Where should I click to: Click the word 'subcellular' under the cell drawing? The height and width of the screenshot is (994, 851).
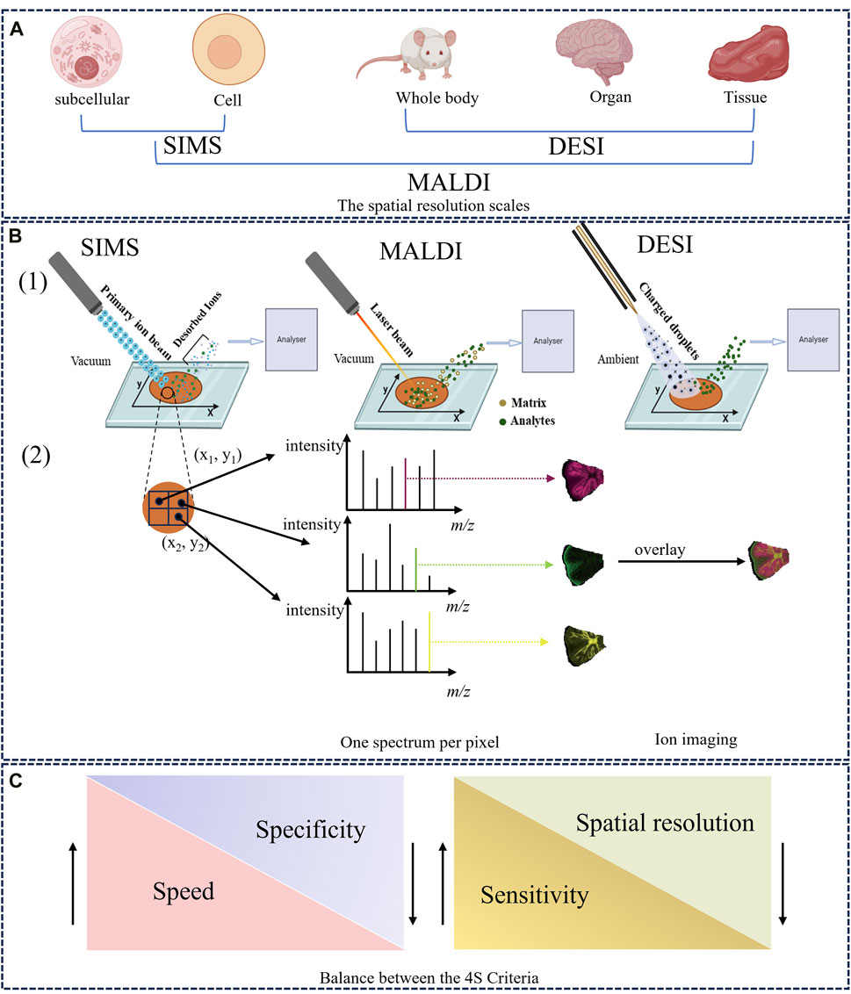tap(90, 98)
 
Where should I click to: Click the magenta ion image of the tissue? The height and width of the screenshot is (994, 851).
tap(584, 479)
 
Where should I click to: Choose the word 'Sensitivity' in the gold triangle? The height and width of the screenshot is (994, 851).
tap(533, 895)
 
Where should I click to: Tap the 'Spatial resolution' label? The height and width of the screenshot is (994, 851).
tap(665, 823)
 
